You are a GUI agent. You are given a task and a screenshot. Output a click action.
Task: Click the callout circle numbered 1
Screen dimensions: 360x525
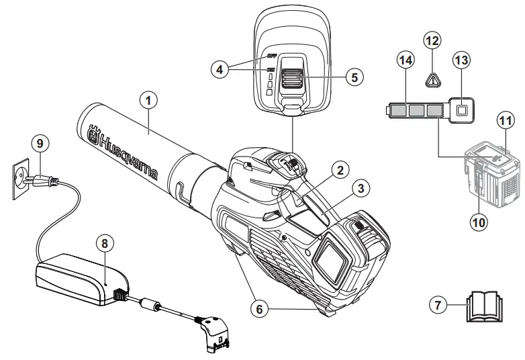pyautogui.click(x=149, y=100)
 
